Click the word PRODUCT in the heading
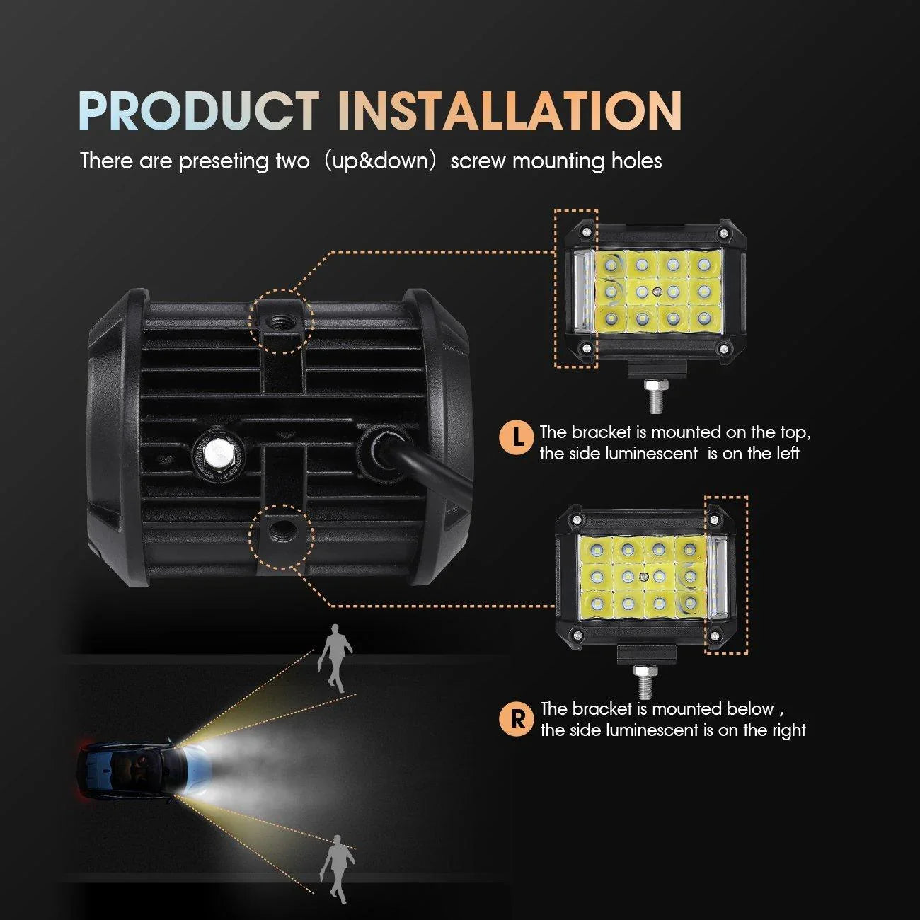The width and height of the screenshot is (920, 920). pyautogui.click(x=199, y=110)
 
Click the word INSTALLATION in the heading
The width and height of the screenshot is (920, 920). pyautogui.click(x=510, y=110)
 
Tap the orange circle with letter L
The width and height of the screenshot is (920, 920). pyautogui.click(x=516, y=438)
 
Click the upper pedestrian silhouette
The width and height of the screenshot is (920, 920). pyautogui.click(x=335, y=658)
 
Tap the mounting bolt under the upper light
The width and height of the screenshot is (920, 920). pyautogui.click(x=656, y=395)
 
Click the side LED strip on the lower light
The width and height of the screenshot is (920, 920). pyautogui.click(x=718, y=577)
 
